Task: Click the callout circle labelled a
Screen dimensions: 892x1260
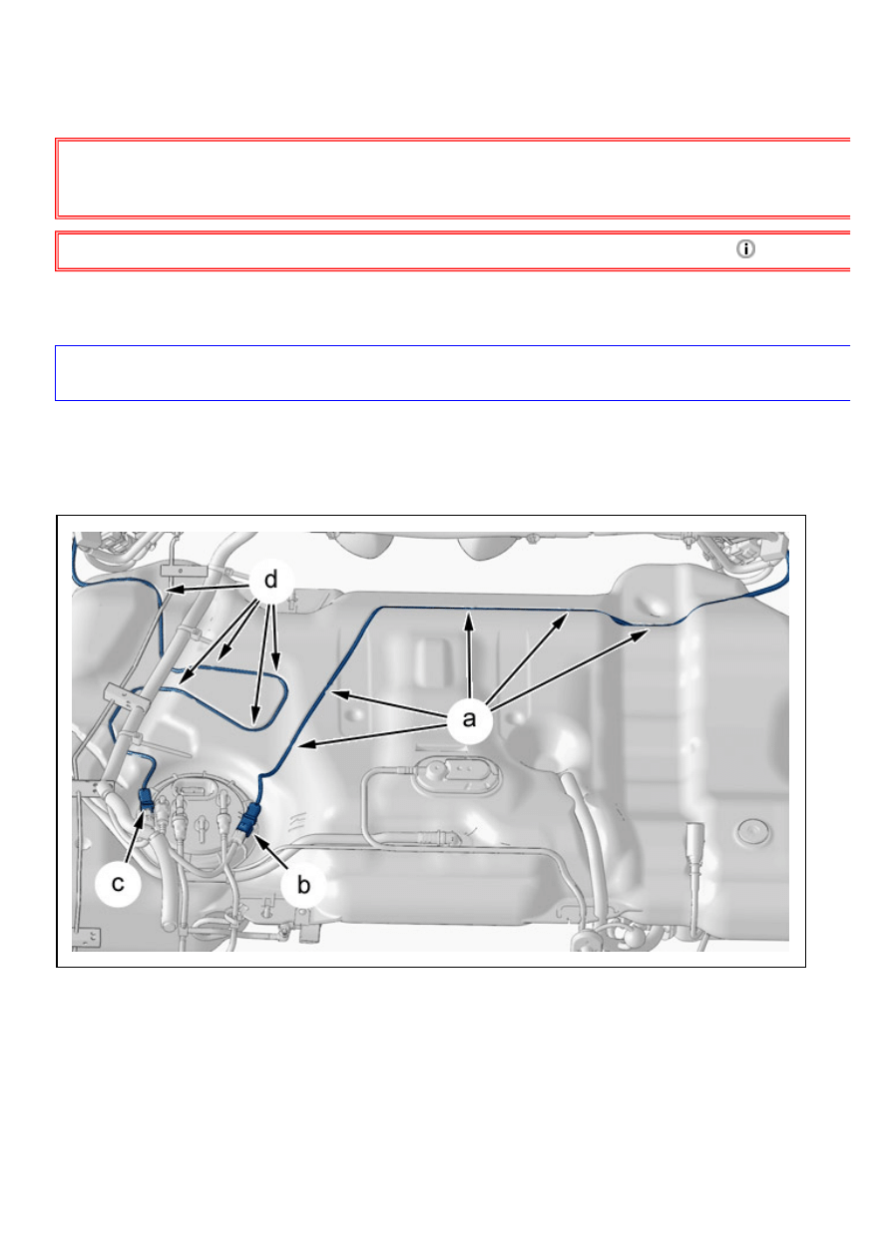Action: pyautogui.click(x=469, y=718)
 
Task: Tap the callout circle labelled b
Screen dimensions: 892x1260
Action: pyautogui.click(x=303, y=885)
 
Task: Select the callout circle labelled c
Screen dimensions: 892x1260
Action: pyautogui.click(x=118, y=883)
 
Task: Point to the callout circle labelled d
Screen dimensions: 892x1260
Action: pyautogui.click(x=271, y=580)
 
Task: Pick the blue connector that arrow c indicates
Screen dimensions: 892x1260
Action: pyautogui.click(x=146, y=799)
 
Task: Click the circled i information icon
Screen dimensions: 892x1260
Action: pyautogui.click(x=745, y=248)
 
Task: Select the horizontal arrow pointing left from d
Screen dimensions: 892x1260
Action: pyautogui.click(x=209, y=588)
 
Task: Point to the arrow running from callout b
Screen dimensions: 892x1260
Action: pyautogui.click(x=273, y=853)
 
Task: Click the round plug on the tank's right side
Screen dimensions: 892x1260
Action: pyautogui.click(x=753, y=831)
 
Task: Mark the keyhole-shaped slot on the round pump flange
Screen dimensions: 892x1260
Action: pyautogui.click(x=201, y=826)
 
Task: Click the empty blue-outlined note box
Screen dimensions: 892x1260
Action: pyautogui.click(x=452, y=373)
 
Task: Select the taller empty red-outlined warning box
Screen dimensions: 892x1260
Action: pyautogui.click(x=452, y=178)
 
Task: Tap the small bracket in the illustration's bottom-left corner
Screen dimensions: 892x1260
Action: pyautogui.click(x=86, y=937)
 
